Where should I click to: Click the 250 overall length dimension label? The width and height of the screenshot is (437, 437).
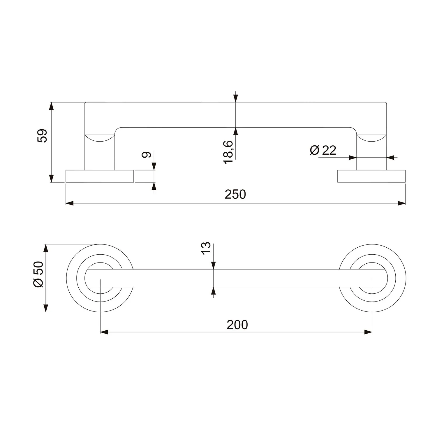point(235,194)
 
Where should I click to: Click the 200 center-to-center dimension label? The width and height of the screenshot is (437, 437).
point(237,325)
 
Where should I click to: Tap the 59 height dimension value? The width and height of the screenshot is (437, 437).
point(43,135)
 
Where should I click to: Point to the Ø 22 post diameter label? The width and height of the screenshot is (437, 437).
point(323,150)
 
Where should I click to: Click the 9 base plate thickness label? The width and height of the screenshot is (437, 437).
point(146,155)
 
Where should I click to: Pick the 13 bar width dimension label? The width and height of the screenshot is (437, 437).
point(206,248)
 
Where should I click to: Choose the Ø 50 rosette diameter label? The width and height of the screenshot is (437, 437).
point(39,274)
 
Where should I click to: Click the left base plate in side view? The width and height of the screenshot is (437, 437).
point(100,176)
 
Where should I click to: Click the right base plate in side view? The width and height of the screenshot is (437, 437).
point(371,176)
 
